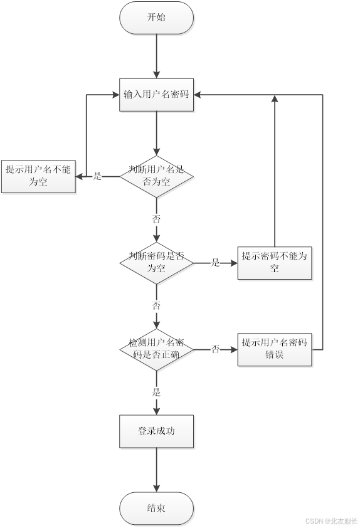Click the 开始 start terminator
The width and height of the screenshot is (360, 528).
(x=156, y=18)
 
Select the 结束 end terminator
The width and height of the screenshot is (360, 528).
(x=156, y=508)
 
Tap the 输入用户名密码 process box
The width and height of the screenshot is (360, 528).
(x=156, y=95)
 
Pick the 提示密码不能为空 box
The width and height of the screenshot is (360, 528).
(x=275, y=262)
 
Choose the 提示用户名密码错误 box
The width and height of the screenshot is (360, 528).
(x=275, y=349)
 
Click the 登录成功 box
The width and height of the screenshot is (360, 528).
(x=156, y=431)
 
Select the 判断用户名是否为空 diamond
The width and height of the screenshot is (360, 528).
(x=156, y=176)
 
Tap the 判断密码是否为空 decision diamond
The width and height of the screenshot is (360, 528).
(x=156, y=263)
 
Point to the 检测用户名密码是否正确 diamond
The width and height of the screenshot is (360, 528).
(x=156, y=349)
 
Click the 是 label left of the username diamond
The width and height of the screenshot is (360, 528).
(x=97, y=176)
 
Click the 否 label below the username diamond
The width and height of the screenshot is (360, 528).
(x=156, y=219)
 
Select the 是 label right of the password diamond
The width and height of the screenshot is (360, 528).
(x=215, y=263)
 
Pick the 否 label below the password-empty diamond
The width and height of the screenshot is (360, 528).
(x=156, y=306)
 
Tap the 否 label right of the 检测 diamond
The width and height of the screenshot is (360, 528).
(x=215, y=349)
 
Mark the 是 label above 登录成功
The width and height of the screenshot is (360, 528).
(x=156, y=393)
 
